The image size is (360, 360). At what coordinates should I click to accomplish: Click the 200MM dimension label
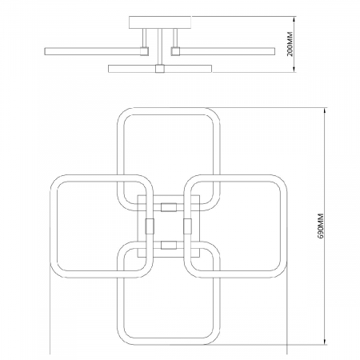click(x=290, y=44)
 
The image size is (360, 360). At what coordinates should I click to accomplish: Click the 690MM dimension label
click(x=321, y=226)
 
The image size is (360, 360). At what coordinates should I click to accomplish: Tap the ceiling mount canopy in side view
click(x=160, y=22)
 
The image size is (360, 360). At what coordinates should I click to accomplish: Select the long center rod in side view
click(x=160, y=46)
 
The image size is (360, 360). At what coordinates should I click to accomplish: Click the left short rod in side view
click(x=144, y=38)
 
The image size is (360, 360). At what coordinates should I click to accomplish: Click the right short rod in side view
click(x=175, y=38)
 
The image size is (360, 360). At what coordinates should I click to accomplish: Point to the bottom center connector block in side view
click(x=160, y=69)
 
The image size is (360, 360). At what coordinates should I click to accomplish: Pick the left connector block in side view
click(x=145, y=51)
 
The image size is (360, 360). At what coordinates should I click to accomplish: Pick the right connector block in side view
click(x=175, y=51)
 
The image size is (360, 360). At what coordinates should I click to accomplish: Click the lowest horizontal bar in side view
click(x=160, y=69)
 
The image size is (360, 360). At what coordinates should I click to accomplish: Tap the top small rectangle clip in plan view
click(x=169, y=207)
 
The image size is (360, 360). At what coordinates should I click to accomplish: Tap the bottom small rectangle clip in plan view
click(x=169, y=245)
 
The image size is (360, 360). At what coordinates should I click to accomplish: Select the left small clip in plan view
click(x=150, y=226)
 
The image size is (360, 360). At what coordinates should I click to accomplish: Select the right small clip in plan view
click(x=187, y=226)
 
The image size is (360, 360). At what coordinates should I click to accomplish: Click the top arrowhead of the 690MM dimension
click(x=325, y=110)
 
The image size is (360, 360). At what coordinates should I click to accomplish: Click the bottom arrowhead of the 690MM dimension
click(x=325, y=342)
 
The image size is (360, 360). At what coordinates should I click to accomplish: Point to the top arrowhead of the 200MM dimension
click(x=294, y=20)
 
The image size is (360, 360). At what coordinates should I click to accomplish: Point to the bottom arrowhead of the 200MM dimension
click(x=294, y=69)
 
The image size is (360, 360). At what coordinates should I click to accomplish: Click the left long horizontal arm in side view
click(x=93, y=51)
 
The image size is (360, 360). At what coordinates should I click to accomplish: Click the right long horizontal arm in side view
click(x=227, y=51)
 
